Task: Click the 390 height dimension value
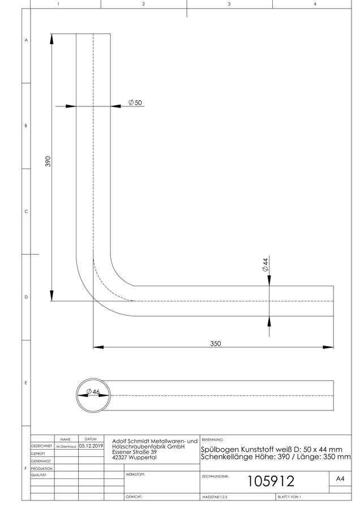click(x=48, y=161)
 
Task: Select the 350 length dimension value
click(x=216, y=343)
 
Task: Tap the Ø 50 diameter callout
click(x=135, y=102)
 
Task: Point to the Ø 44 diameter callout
click(x=265, y=265)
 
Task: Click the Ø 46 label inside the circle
click(x=93, y=392)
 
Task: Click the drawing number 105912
click(x=271, y=481)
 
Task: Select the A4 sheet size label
click(x=340, y=479)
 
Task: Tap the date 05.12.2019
click(x=91, y=446)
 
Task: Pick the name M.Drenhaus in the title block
click(x=66, y=447)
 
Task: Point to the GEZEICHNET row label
click(x=41, y=446)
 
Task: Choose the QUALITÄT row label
click(x=38, y=475)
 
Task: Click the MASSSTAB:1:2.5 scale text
click(x=215, y=497)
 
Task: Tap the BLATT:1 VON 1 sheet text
click(x=289, y=497)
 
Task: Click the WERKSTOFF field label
click(x=135, y=475)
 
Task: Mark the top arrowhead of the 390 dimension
click(x=52, y=38)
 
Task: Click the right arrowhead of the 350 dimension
click(x=328, y=347)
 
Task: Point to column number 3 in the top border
click(x=229, y=4)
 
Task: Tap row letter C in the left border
click(x=26, y=212)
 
